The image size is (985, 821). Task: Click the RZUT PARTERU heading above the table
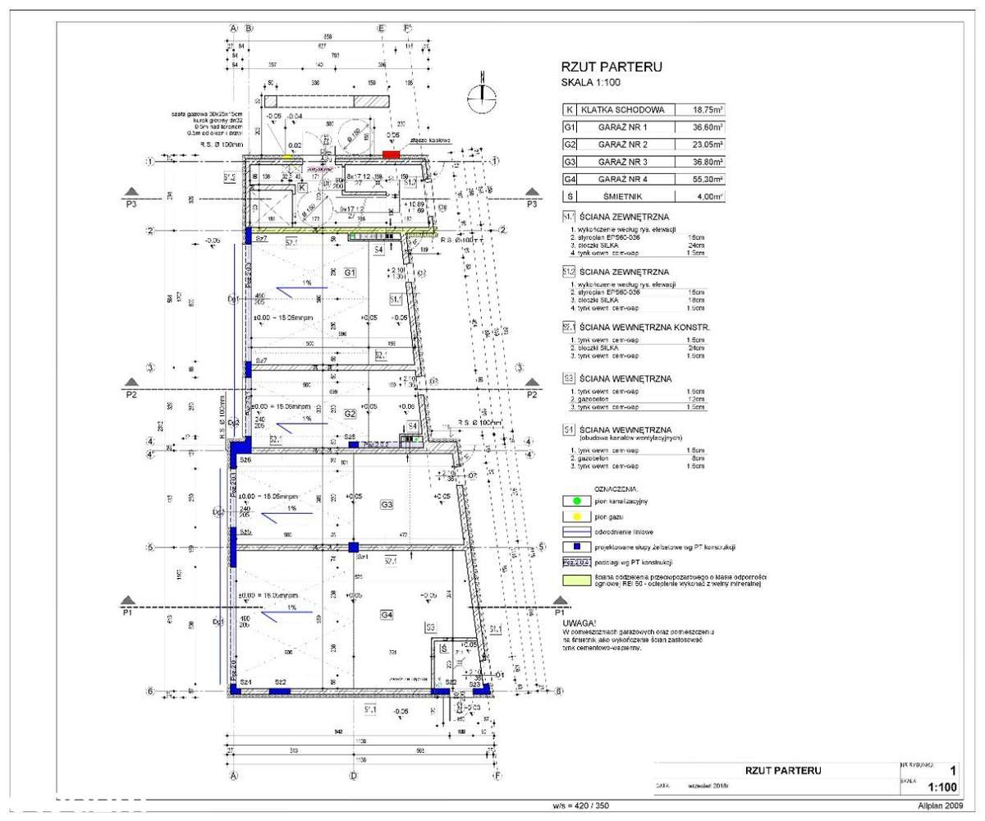tap(611, 67)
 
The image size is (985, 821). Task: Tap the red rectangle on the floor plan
tap(392, 154)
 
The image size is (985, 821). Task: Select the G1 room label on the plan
tap(350, 272)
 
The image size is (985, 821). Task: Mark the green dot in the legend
tap(576, 500)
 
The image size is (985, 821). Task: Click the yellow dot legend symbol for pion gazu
tap(576, 516)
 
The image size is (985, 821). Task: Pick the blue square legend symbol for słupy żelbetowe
tap(576, 546)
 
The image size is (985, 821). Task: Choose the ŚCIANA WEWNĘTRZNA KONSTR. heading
tap(645, 327)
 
